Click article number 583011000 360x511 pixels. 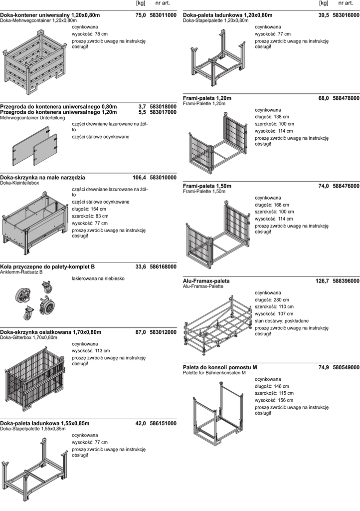click(163, 15)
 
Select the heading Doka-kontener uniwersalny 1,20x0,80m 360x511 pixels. click(50, 15)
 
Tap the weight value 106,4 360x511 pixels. click(139, 178)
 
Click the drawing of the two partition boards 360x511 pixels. click(35, 146)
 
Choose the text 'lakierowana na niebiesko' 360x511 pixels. click(98, 278)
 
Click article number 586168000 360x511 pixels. click(163, 266)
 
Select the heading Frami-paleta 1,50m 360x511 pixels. click(207, 186)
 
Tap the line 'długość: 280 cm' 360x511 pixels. click(272, 300)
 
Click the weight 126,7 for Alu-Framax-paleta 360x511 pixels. click(322, 281)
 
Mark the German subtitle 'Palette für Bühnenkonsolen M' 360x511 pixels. click(214, 373)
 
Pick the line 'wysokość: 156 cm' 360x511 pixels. click(274, 400)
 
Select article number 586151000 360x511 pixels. click(163, 423)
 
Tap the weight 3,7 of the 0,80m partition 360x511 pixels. click(142, 107)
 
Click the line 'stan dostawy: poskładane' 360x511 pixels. click(282, 321)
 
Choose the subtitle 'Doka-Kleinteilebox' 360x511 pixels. click(19, 183)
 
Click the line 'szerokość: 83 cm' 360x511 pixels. click(90, 216)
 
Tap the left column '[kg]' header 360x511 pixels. click(141, 3)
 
